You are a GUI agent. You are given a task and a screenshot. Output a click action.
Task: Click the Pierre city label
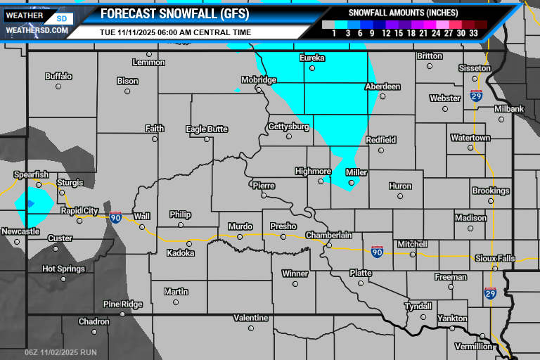click(x=263, y=185)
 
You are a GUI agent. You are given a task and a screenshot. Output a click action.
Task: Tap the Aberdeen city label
click(x=382, y=86)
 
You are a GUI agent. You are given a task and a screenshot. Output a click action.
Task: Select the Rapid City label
click(x=79, y=210)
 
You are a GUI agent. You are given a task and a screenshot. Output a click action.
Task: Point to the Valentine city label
click(x=251, y=318)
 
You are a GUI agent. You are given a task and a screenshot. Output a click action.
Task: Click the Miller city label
click(x=356, y=172)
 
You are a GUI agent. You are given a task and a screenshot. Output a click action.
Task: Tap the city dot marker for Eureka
click(x=312, y=68)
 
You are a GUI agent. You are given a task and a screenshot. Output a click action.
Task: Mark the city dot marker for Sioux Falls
click(x=495, y=269)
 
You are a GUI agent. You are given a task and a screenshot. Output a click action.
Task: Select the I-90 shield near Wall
click(x=115, y=217)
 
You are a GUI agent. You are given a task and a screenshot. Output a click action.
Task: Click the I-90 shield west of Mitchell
click(x=378, y=251)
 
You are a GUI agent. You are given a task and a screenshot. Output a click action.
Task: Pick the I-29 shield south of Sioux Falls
click(x=490, y=292)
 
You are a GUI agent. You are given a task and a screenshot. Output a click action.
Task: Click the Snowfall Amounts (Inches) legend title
click(x=403, y=13)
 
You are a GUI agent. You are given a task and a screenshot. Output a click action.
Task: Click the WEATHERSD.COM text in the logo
click(x=37, y=30)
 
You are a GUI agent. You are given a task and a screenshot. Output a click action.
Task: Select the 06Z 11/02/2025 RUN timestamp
click(x=60, y=352)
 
